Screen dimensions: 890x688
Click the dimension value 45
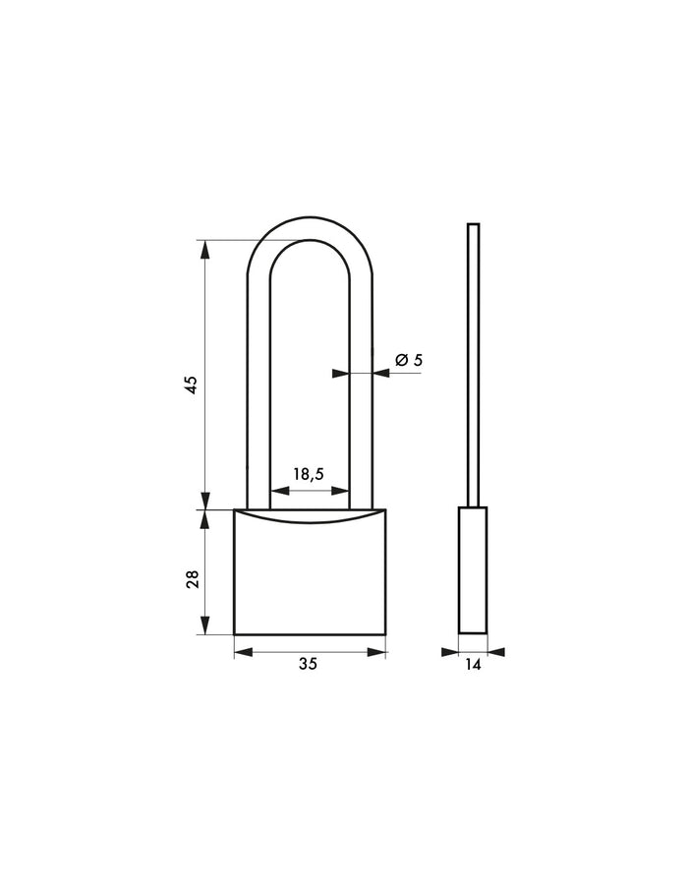[x=193, y=384]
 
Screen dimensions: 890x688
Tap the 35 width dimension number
[x=308, y=665]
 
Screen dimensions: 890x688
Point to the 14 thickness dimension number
[x=473, y=665]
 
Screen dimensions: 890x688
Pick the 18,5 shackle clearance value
[x=308, y=474]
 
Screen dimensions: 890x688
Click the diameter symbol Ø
[x=401, y=361]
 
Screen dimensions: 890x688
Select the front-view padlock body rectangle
[x=310, y=580]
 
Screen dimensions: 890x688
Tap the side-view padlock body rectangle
[x=473, y=570]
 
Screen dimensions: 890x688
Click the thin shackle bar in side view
[x=473, y=364]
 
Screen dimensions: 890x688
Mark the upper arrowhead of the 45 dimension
[x=205, y=249]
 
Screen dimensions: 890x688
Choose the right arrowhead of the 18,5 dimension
[x=342, y=492]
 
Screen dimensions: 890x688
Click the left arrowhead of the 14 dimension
[x=450, y=651]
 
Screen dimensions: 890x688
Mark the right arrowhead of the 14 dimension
[x=495, y=651]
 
